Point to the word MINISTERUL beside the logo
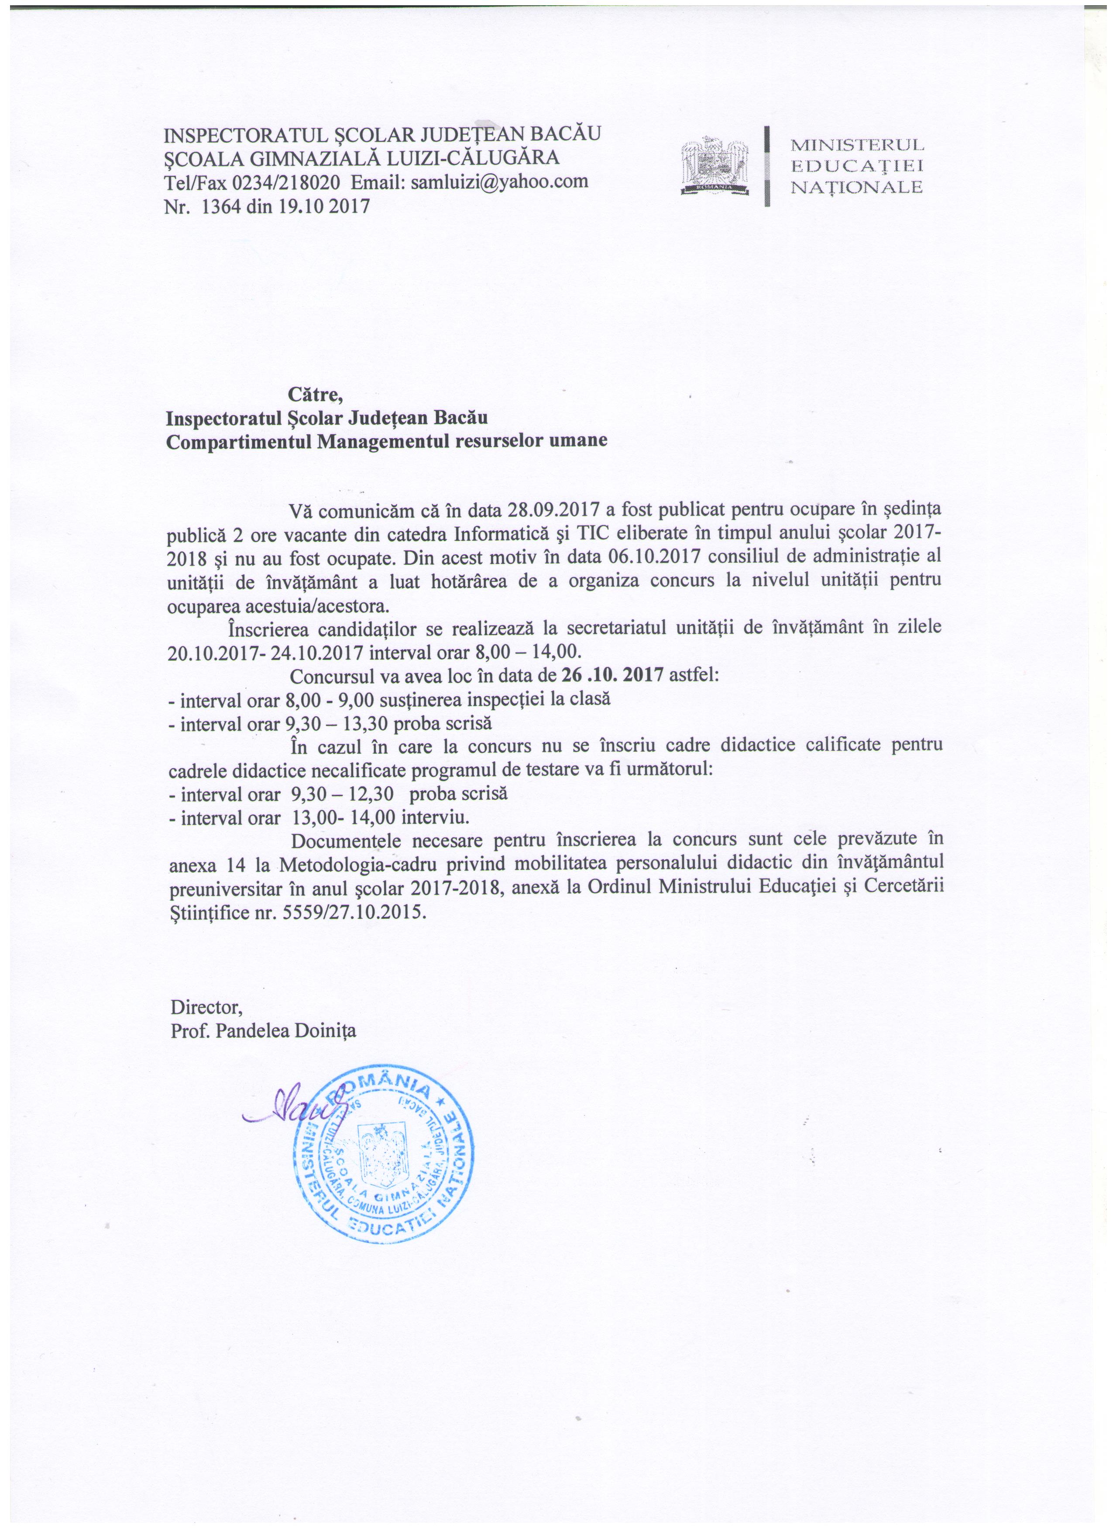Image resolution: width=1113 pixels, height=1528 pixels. point(857,144)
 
